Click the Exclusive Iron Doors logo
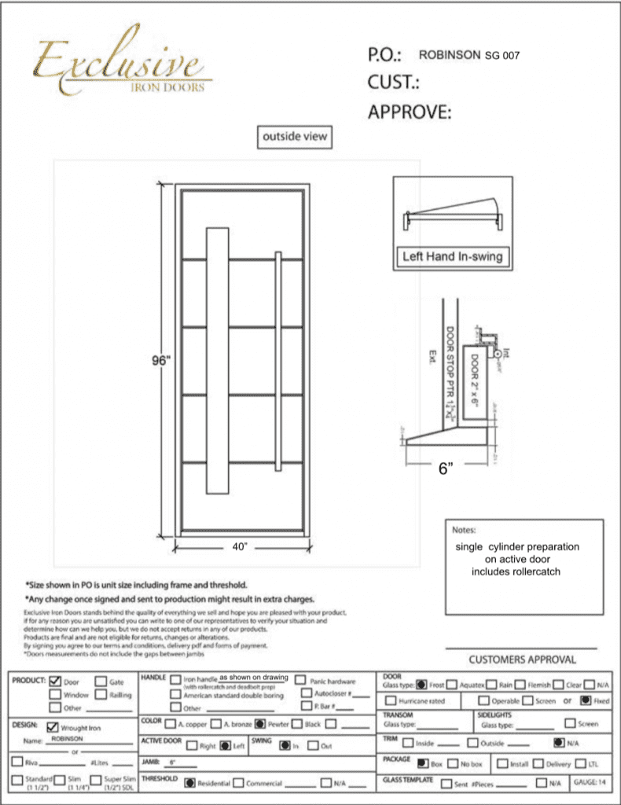pos(118,67)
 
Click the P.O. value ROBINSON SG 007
pos(469,56)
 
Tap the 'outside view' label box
pos(294,136)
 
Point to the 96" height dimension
pos(162,362)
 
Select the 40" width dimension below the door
pos(240,546)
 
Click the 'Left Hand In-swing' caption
pos(452,256)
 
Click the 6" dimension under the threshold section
pos(446,469)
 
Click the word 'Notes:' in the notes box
pos(465,530)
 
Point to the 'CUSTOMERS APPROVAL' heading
pos(522,660)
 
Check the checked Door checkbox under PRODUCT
pos(55,682)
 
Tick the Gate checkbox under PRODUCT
pos(101,682)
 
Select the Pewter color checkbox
pos(259,722)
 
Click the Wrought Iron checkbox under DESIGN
pos(53,727)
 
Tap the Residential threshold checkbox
pos(189,783)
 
